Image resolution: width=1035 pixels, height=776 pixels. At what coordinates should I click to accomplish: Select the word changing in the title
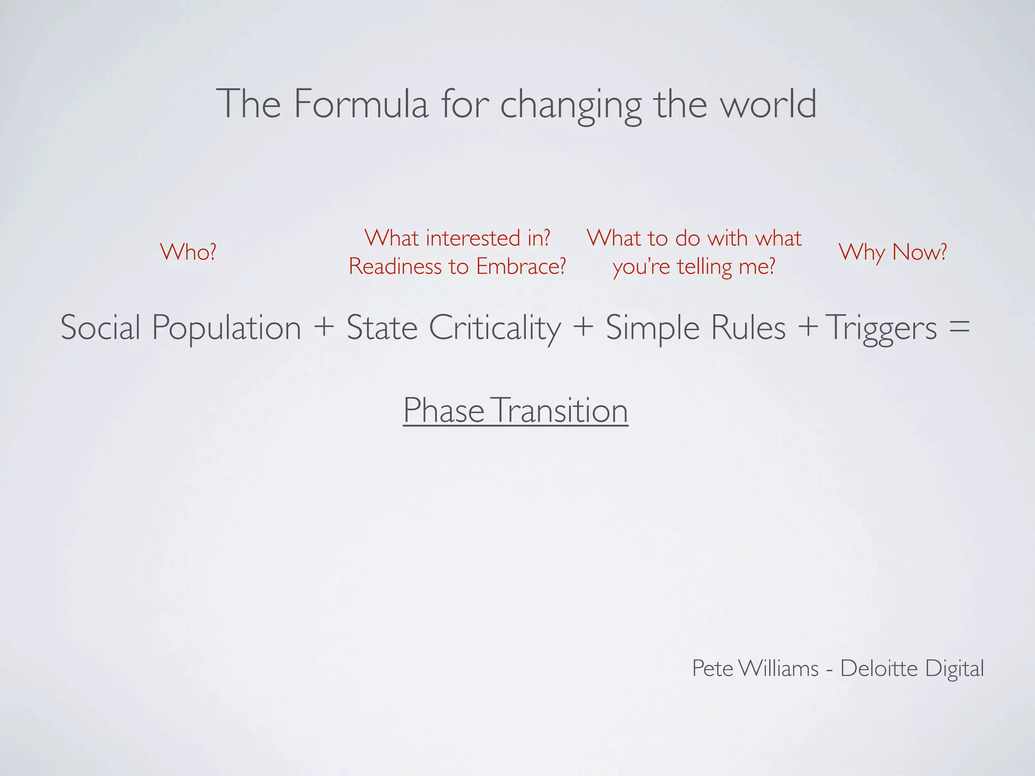(571, 106)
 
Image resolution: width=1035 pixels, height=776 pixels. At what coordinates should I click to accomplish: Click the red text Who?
(188, 252)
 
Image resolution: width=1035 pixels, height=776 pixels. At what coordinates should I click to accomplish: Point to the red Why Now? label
(892, 252)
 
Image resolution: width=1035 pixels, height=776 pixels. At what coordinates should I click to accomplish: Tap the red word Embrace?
(521, 266)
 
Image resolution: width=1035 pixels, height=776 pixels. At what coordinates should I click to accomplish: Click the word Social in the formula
(100, 327)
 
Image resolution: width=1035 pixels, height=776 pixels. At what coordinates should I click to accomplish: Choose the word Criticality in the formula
(495, 327)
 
